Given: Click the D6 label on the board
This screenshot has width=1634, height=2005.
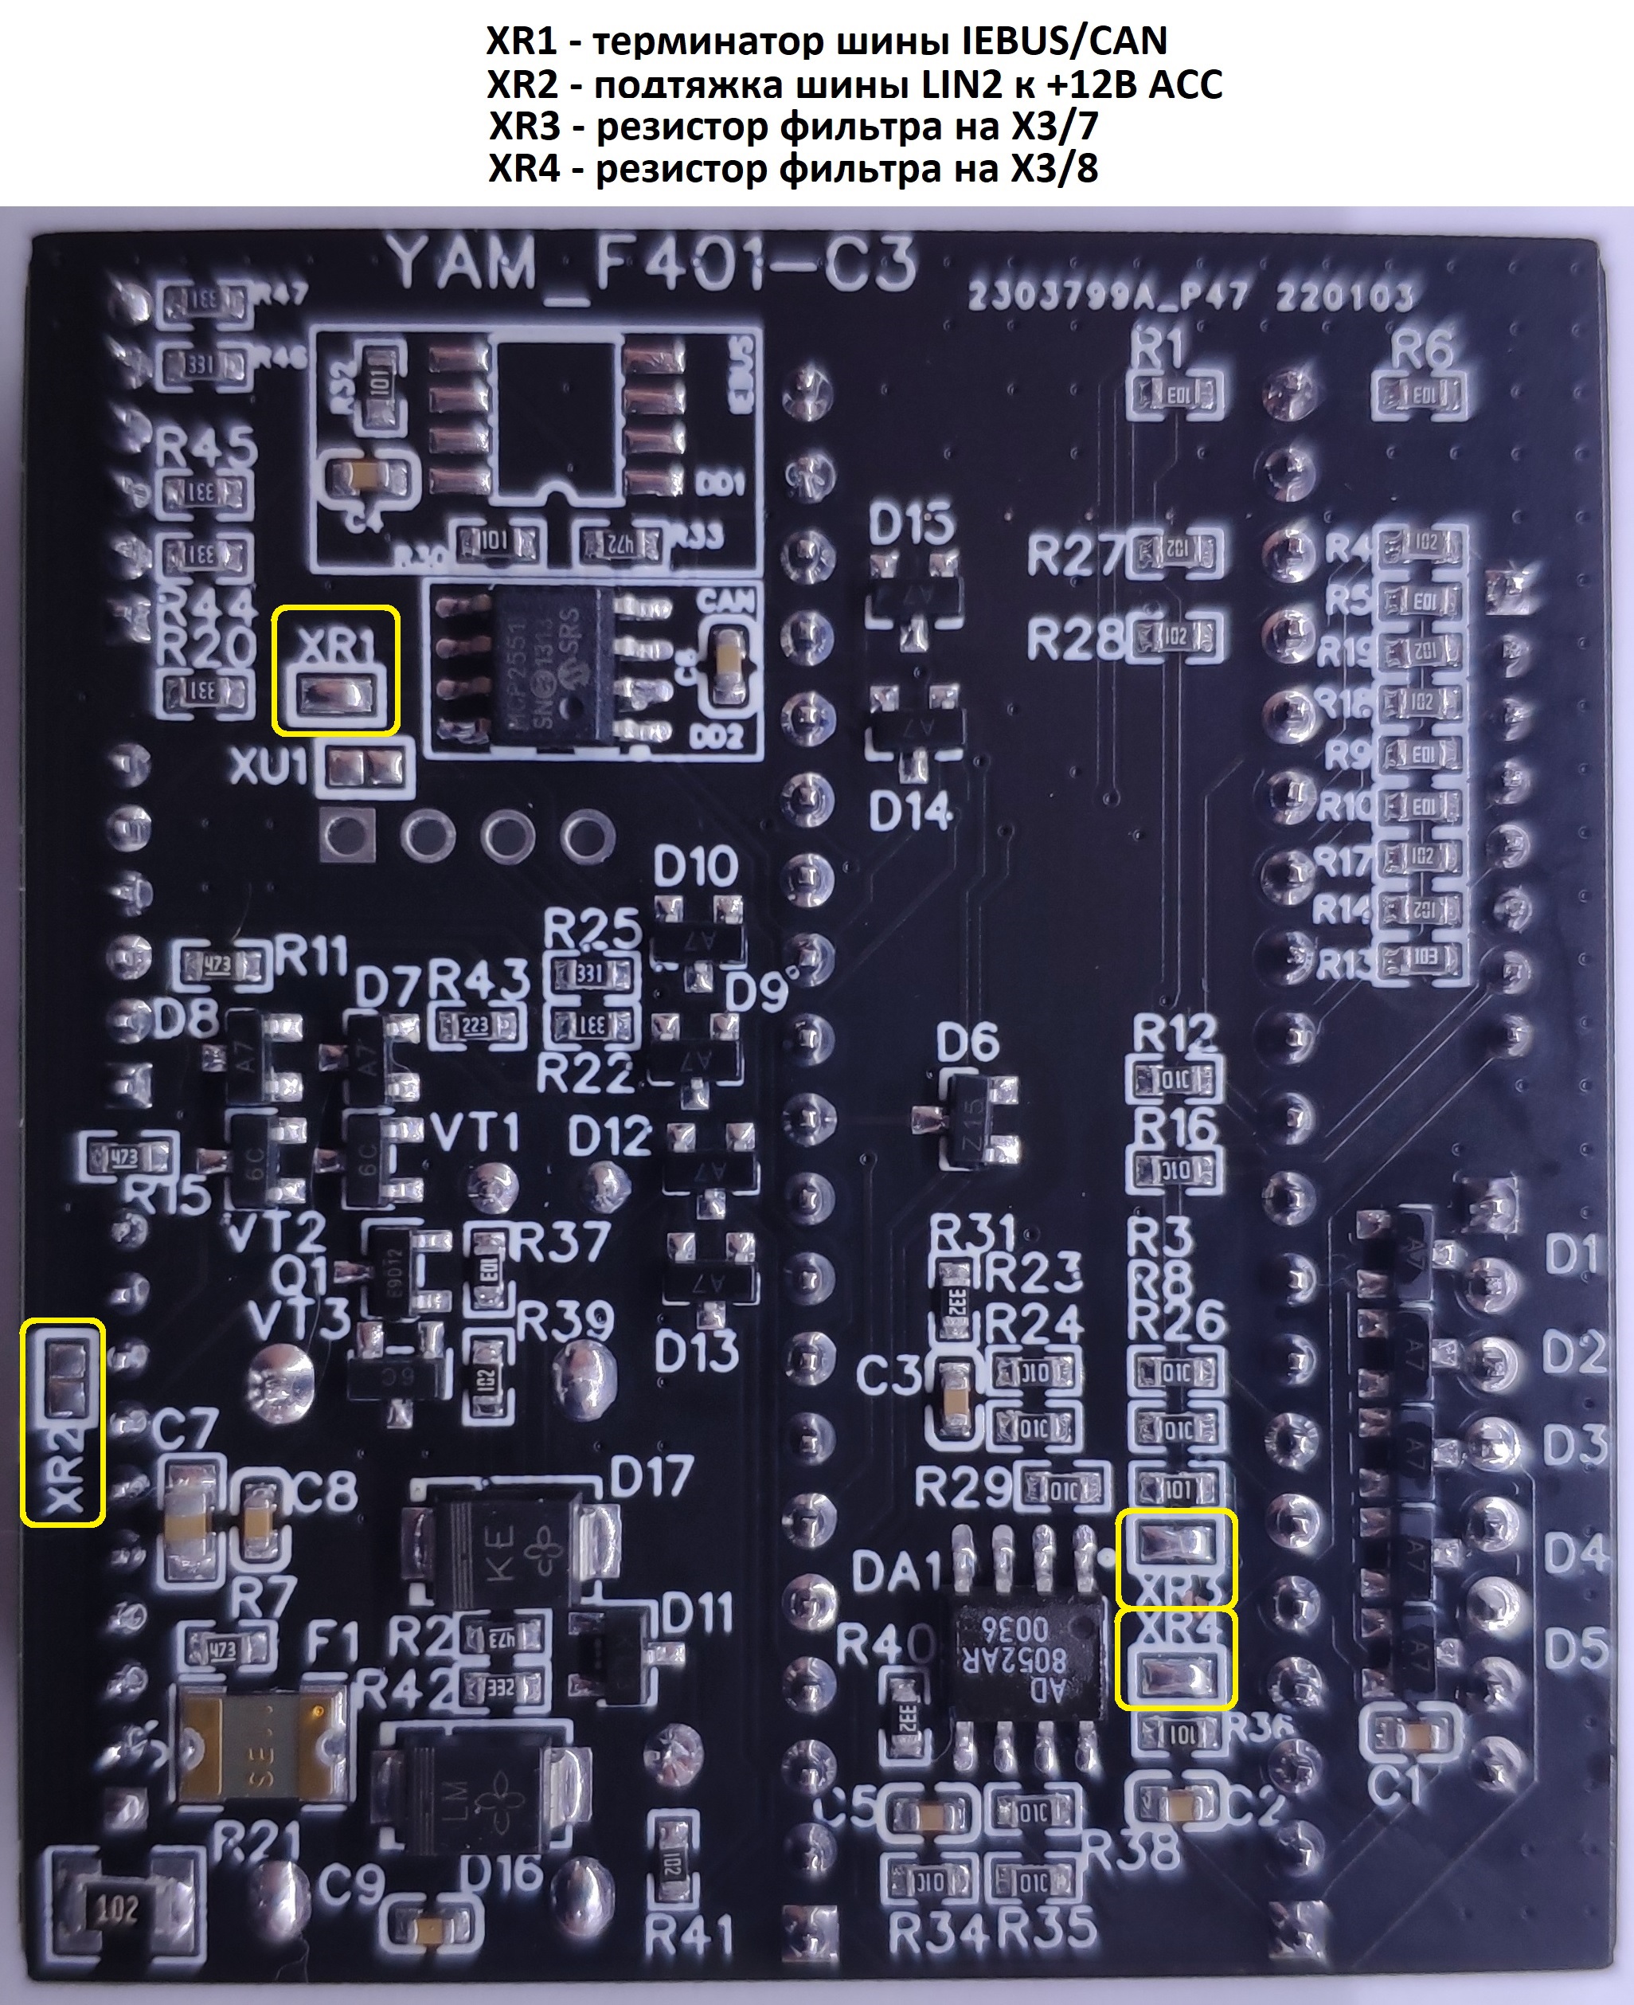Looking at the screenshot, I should tap(967, 1044).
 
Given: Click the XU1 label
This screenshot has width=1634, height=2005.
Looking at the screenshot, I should tap(269, 768).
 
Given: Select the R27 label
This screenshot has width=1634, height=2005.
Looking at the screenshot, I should tap(1076, 555).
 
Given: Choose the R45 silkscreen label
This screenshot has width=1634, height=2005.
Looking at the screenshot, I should tap(206, 447).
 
